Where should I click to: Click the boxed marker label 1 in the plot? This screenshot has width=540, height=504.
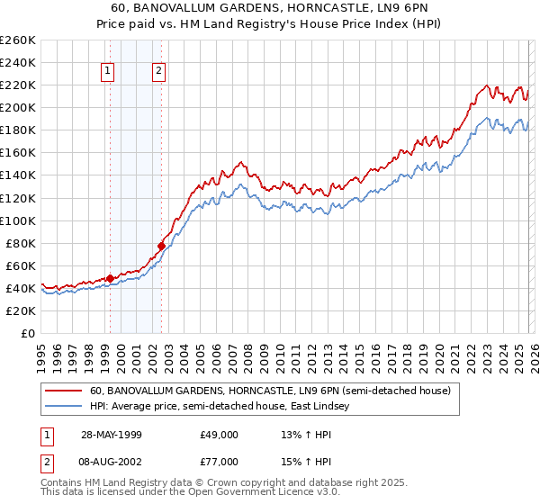[108, 72]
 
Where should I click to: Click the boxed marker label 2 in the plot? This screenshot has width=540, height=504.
[158, 72]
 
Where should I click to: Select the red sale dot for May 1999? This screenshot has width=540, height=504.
[110, 278]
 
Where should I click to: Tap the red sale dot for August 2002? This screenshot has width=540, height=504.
[161, 246]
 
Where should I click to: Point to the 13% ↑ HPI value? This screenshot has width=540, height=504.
[306, 434]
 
